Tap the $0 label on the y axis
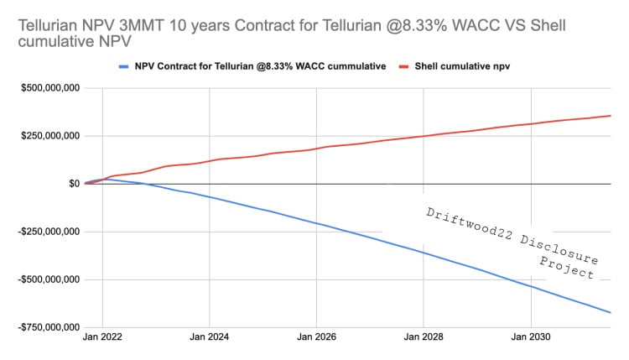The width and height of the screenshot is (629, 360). (74, 183)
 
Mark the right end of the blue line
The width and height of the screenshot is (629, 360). (611, 313)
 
